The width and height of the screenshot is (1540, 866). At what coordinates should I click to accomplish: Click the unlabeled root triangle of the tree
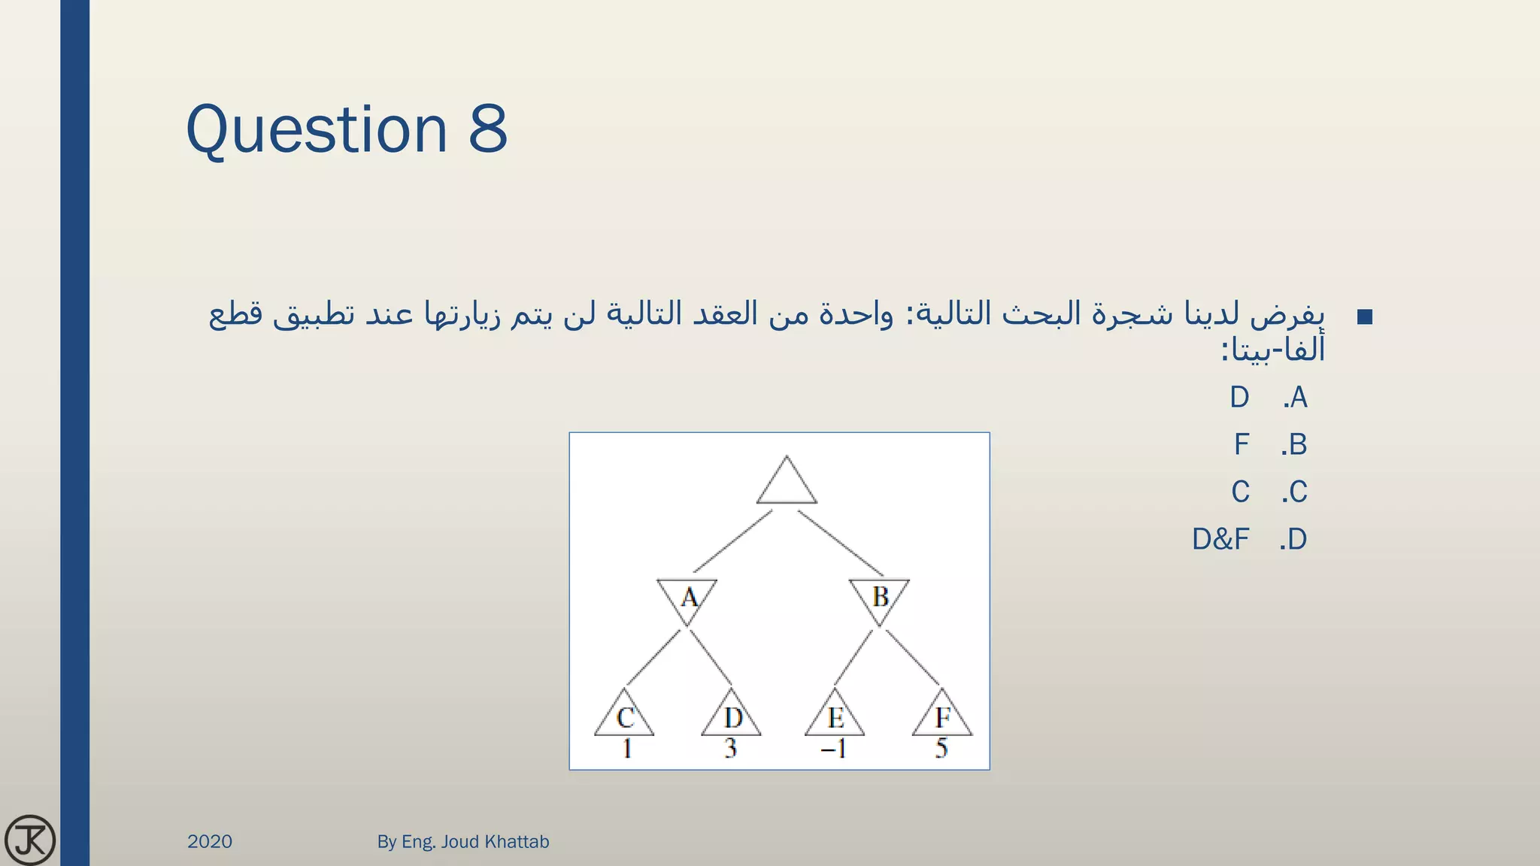[787, 484]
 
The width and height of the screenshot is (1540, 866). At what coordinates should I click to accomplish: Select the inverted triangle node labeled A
[687, 598]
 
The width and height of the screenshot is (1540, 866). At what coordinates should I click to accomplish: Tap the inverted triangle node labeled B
[879, 598]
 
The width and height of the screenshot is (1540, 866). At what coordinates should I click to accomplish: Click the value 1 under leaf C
[626, 749]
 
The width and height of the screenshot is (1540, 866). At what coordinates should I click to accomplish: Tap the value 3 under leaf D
[730, 749]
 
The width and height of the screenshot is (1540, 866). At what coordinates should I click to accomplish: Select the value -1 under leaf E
[833, 749]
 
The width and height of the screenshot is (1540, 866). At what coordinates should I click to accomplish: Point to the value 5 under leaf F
[941, 749]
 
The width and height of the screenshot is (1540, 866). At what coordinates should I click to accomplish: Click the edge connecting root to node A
[732, 542]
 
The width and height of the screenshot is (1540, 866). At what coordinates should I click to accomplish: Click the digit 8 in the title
[488, 129]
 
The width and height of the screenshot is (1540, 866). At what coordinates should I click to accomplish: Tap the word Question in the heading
[317, 129]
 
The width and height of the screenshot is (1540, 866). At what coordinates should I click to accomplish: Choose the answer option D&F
[1220, 539]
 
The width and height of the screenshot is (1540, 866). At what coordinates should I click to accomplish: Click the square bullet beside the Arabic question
[1365, 316]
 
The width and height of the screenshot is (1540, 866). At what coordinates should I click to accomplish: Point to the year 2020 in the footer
[210, 841]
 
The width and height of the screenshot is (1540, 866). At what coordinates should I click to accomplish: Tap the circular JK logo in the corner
[30, 840]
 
